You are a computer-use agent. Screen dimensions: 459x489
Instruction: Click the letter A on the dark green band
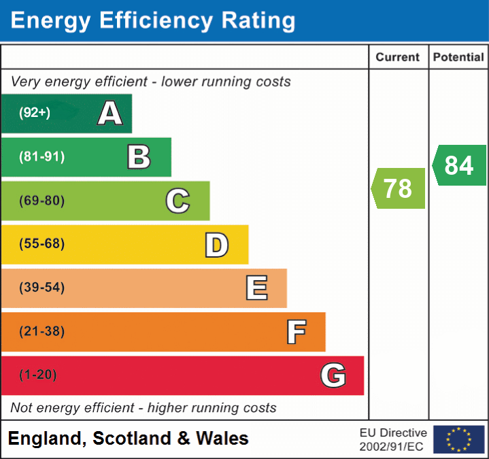109,114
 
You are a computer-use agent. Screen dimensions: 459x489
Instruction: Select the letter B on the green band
139,157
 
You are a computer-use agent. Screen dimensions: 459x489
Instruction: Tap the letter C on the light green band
178,201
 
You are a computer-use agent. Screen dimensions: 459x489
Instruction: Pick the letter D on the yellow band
216,245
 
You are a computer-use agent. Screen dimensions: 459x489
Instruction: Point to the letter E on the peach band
256,288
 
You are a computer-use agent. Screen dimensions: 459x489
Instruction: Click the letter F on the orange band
296,332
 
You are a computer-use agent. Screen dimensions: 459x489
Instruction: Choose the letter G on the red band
333,375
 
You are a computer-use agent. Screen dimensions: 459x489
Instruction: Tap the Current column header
399,58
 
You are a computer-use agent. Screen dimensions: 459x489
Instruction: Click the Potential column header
458,58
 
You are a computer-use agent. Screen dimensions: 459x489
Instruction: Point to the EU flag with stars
458,439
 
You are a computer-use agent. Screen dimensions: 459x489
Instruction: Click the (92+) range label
35,113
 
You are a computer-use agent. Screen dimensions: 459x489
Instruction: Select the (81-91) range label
42,157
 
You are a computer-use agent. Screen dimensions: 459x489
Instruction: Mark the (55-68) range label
42,244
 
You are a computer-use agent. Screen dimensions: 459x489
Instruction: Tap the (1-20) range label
38,375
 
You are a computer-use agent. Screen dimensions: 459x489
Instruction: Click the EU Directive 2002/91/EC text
393,439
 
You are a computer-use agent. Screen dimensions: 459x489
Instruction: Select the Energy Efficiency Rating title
153,21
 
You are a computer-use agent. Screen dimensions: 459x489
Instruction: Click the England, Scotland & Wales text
129,439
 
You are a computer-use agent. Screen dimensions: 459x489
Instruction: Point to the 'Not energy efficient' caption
144,408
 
